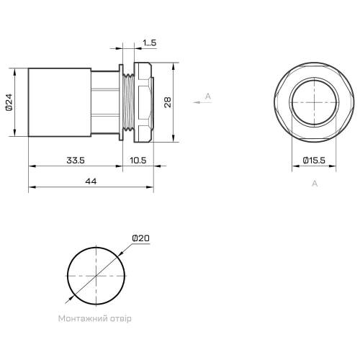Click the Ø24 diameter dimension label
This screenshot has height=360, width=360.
click(9, 102)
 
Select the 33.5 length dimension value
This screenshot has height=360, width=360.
click(76, 160)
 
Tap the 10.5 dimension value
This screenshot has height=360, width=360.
click(138, 160)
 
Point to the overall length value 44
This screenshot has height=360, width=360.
click(91, 181)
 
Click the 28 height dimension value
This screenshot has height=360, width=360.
click(168, 102)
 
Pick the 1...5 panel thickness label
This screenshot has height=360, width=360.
click(150, 42)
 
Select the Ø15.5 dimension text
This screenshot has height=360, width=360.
click(314, 160)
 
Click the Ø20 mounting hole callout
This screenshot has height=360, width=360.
click(141, 238)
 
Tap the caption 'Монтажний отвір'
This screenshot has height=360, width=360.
click(95, 319)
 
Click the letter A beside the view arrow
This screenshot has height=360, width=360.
click(208, 96)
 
